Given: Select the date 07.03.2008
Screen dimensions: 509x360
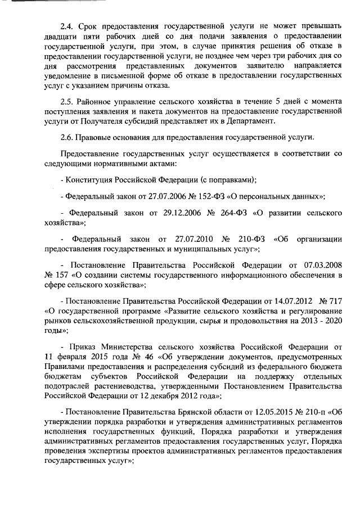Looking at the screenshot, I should pos(323,264).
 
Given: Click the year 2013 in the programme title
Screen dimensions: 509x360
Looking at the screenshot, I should pos(309,319).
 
